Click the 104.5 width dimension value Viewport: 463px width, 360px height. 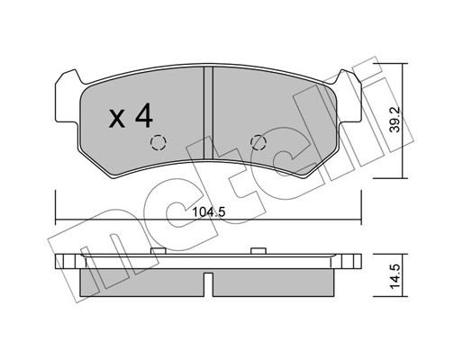pos(208,212)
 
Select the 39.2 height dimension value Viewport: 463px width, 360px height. pos(395,120)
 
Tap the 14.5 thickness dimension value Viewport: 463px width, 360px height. pos(395,276)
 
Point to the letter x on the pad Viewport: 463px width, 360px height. pos(116,119)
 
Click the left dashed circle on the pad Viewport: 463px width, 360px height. pos(159,142)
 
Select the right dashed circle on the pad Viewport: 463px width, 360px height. pos(259,142)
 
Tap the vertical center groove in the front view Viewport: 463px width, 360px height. pos(208,112)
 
